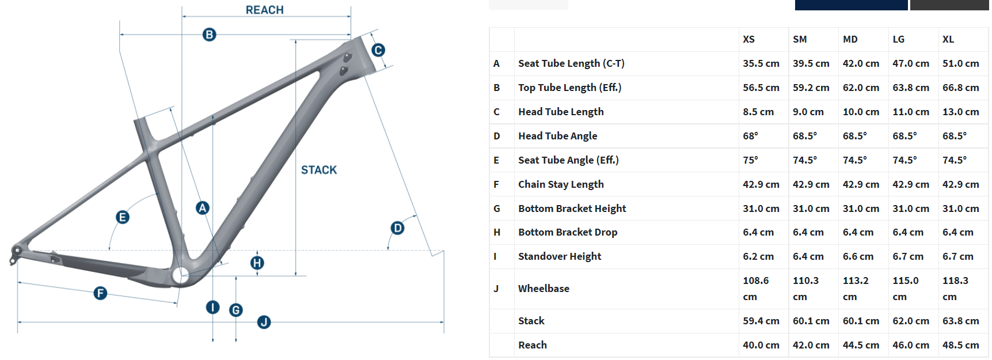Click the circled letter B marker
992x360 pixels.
pyautogui.click(x=209, y=35)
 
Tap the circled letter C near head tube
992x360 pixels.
pyautogui.click(x=378, y=50)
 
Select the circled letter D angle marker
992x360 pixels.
pyautogui.click(x=397, y=228)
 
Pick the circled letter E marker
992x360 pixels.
pyautogui.click(x=122, y=217)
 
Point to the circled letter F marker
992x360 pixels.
pyautogui.click(x=100, y=293)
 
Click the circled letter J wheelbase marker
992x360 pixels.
pyautogui.click(x=264, y=322)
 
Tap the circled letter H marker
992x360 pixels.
pyautogui.click(x=257, y=263)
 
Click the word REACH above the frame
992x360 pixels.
pyautogui.click(x=264, y=10)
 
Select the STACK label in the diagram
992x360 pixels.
pyautogui.click(x=318, y=170)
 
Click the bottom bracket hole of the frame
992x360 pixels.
pyautogui.click(x=180, y=275)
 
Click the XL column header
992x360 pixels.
pyautogui.click(x=948, y=39)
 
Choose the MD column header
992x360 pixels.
pyautogui.click(x=850, y=39)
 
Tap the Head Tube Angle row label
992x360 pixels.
pyautogui.click(x=557, y=136)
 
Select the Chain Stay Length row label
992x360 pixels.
pyautogui.click(x=561, y=184)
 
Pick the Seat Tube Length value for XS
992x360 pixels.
pyautogui.click(x=761, y=63)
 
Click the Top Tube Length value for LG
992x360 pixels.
pyautogui.click(x=910, y=88)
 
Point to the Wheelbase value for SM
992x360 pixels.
pyautogui.click(x=805, y=288)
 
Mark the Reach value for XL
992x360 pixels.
pyautogui.click(x=960, y=345)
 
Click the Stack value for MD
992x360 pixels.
pyautogui.click(x=861, y=321)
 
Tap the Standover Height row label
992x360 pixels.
pyautogui.click(x=559, y=256)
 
